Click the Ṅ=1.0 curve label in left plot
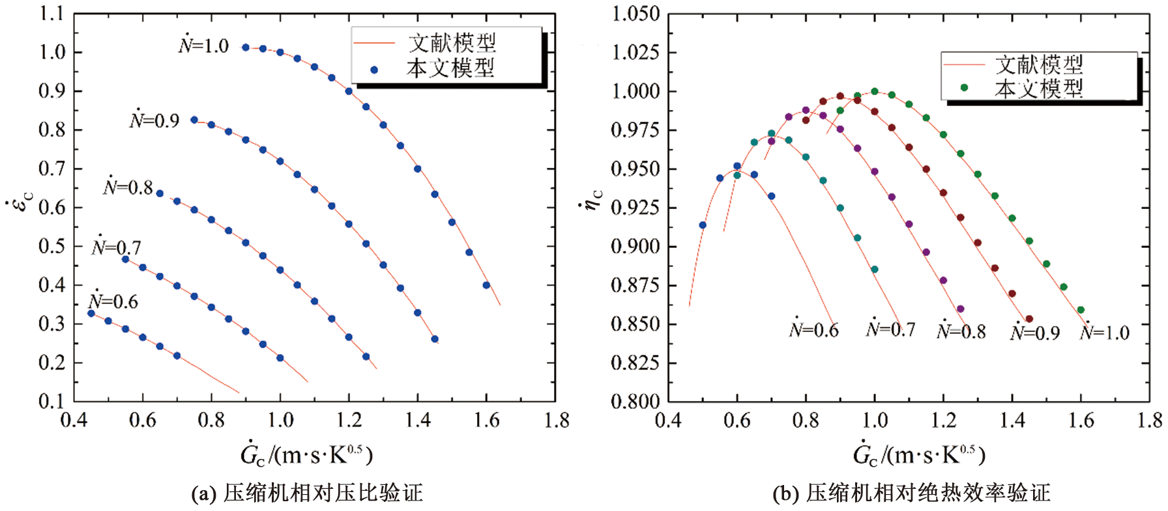point(203,46)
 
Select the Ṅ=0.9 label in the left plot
point(154,120)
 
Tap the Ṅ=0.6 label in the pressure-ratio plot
point(113,301)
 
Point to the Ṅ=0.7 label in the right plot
point(890,329)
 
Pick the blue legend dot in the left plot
point(374,70)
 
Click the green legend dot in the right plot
point(964,87)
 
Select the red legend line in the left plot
point(374,44)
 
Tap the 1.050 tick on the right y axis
point(636,14)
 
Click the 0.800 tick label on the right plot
point(636,401)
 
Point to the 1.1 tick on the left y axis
point(52,14)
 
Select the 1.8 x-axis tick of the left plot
point(556,421)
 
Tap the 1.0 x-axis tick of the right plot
point(875,421)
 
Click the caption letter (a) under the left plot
point(203,493)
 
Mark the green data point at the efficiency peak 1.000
point(875,92)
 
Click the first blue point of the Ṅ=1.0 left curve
point(246,48)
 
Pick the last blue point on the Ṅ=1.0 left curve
point(486,285)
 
